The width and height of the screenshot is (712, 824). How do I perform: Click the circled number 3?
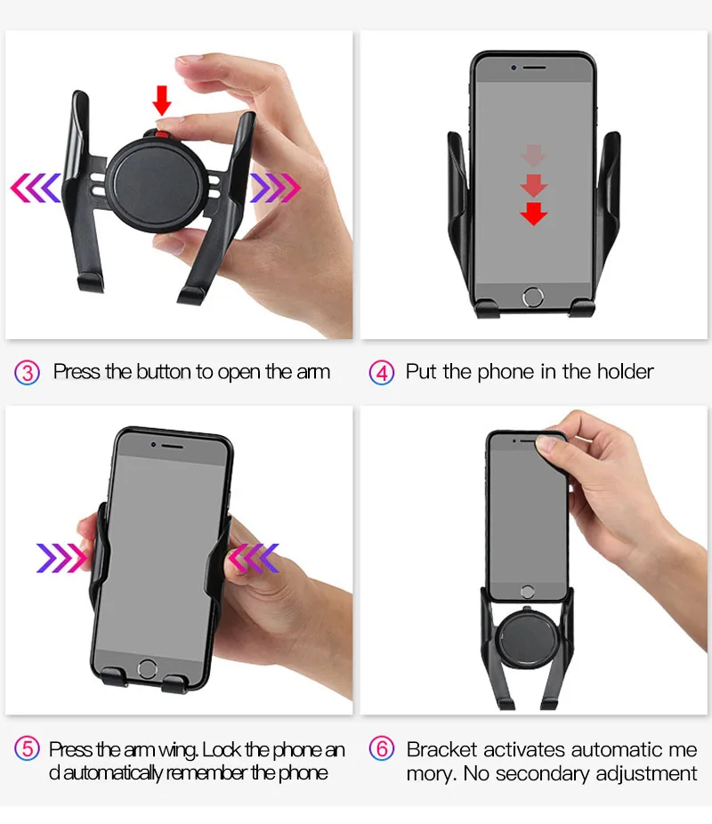28,373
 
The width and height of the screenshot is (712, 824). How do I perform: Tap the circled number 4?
382,373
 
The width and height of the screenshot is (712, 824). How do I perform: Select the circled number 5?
28,748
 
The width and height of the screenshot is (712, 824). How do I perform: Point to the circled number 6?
382,748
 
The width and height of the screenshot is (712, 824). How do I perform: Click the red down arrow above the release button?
162,101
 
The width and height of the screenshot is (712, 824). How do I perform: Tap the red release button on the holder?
162,134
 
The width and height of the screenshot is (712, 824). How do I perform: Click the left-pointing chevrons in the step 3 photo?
36,188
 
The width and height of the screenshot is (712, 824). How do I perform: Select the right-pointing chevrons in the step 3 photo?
275,188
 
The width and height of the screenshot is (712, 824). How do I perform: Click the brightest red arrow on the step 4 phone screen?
533,214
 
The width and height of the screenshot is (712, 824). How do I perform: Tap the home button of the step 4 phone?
533,297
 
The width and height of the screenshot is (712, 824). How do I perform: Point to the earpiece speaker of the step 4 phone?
534,68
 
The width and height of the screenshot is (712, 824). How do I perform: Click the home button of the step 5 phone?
147,669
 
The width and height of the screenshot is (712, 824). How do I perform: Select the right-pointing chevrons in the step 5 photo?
61,558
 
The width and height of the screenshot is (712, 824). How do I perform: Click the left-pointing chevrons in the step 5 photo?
254,558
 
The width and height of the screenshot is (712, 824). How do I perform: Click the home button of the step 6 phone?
528,592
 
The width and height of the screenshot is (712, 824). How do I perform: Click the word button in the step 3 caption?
164,372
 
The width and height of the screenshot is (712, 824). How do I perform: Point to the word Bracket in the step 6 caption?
442,749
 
